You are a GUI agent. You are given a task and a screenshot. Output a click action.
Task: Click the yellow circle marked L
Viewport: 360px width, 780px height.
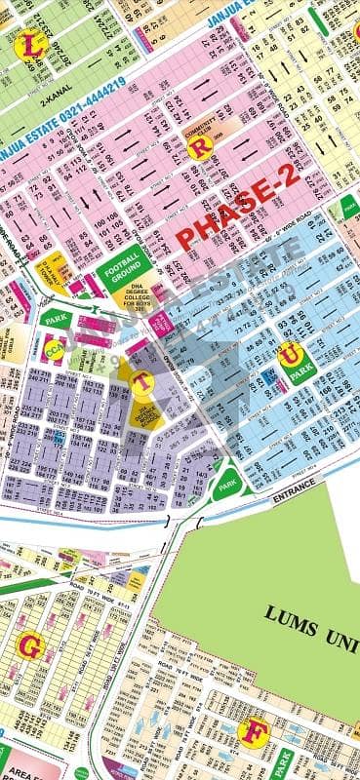pyautogui.click(x=36, y=46)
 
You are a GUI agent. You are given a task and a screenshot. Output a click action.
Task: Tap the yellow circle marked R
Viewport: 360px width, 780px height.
pyautogui.click(x=201, y=147)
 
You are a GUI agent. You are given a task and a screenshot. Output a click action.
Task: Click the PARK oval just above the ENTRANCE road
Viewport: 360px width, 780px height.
pyautogui.click(x=227, y=482)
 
